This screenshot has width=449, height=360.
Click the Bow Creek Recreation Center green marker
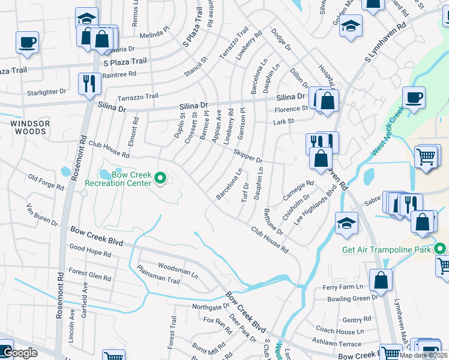(160, 178)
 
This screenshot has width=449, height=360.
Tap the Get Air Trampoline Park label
(387, 250)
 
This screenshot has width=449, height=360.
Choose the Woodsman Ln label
(178, 269)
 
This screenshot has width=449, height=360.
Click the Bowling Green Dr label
(350, 297)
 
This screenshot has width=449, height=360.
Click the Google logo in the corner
(21, 353)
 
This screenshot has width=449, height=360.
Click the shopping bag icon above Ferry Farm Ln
(381, 280)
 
